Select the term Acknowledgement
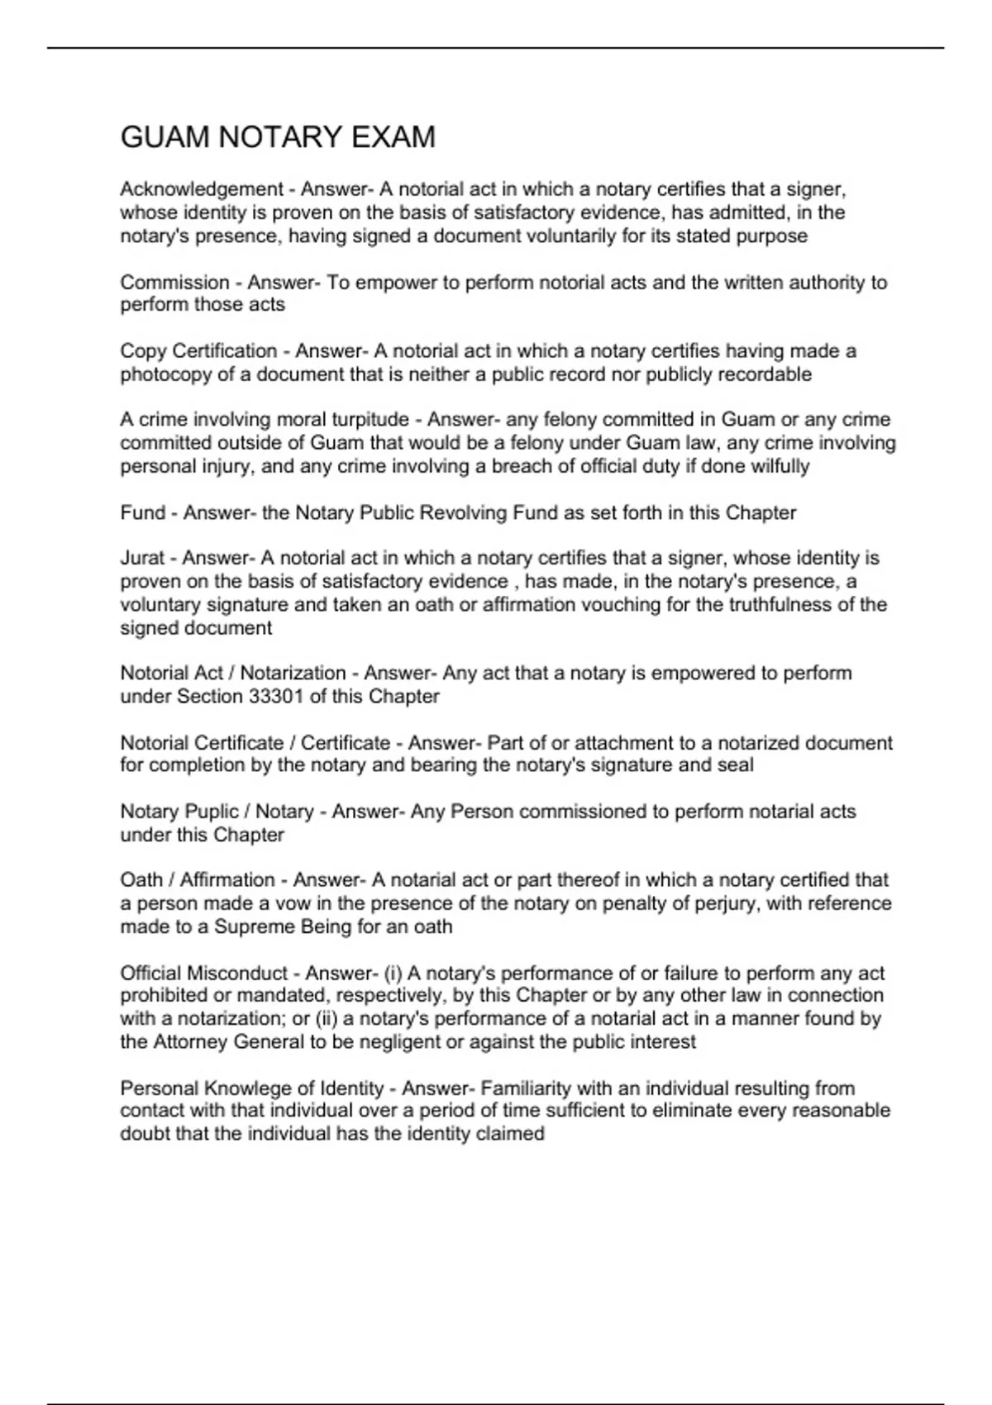click(202, 189)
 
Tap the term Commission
click(174, 283)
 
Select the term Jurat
click(142, 558)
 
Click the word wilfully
click(780, 466)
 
